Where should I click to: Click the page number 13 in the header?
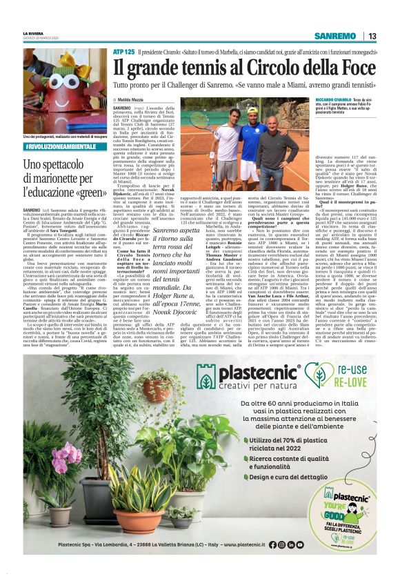372,36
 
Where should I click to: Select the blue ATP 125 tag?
124,52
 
